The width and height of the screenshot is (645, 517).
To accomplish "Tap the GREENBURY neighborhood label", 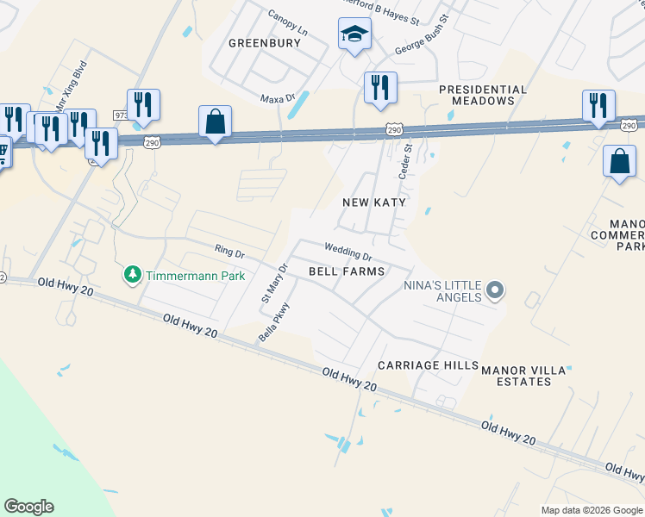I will [x=265, y=42].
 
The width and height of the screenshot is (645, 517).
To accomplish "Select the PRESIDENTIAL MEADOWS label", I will [x=482, y=95].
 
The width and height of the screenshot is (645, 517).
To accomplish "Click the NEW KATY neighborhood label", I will [x=373, y=202].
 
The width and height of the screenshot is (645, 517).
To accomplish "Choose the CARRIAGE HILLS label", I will [x=428, y=365].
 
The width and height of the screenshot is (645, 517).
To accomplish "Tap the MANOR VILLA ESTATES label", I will [x=528, y=376].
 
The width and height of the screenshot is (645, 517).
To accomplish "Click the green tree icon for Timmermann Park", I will [x=132, y=275].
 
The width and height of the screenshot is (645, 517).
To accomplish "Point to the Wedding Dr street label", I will [x=348, y=252].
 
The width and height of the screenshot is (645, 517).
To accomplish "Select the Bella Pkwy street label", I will [x=274, y=323].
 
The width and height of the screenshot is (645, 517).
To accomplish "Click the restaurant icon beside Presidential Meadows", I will [x=379, y=87].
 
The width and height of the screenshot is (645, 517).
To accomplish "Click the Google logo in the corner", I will [x=28, y=507].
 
